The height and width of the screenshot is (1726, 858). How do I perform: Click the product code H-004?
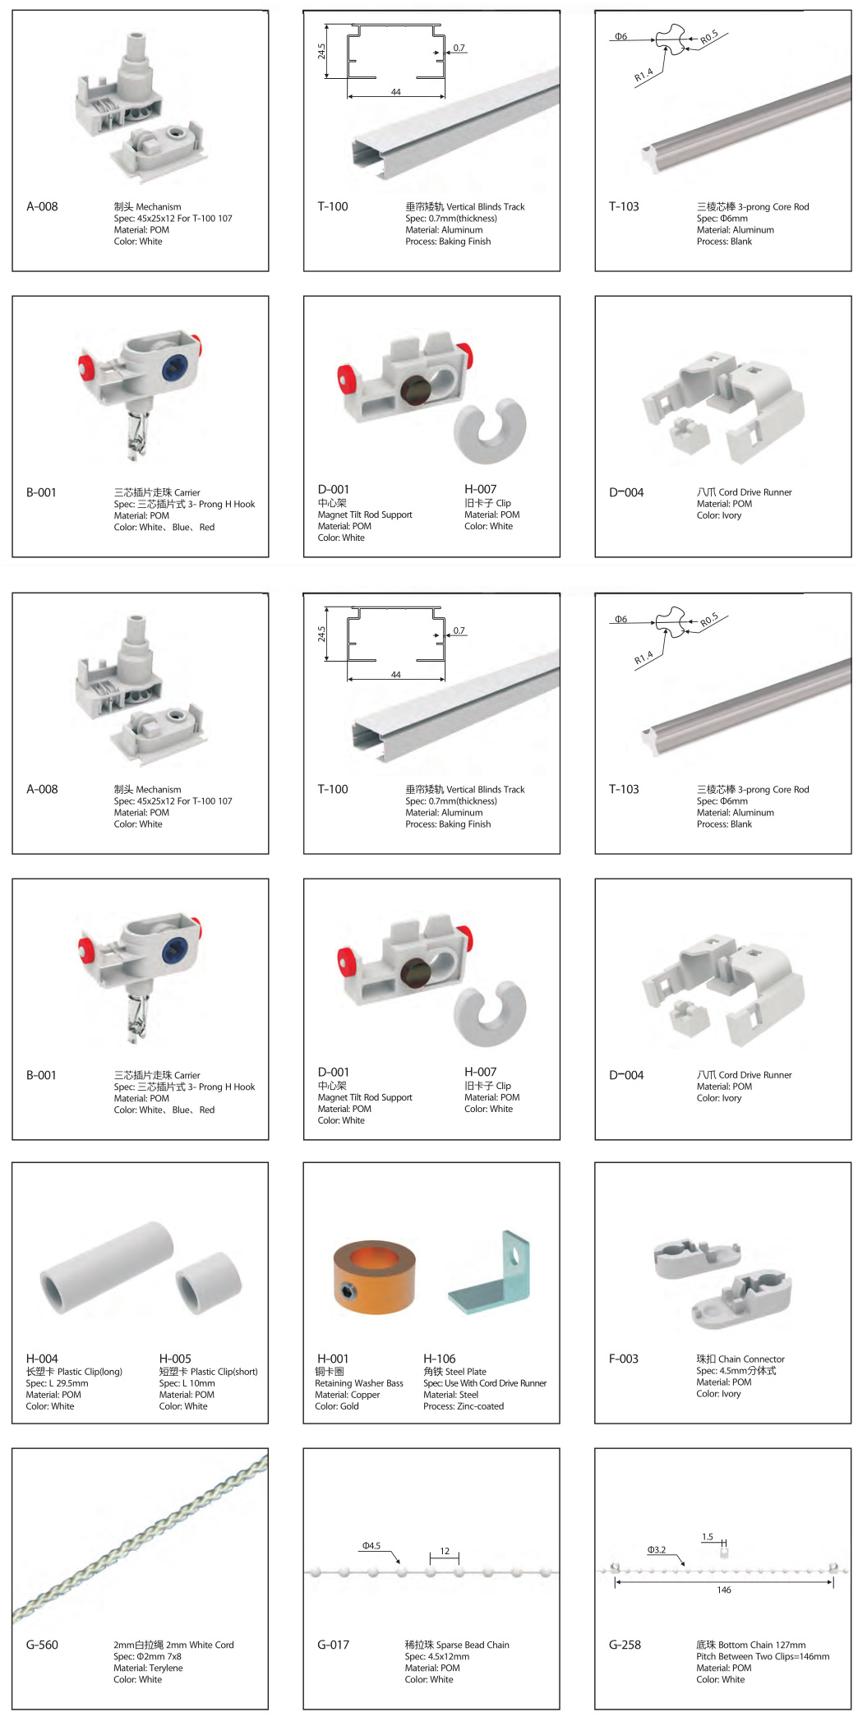(x=42, y=1359)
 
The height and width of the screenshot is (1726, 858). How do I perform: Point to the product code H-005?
(x=175, y=1359)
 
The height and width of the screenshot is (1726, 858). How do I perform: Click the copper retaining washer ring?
(x=374, y=1276)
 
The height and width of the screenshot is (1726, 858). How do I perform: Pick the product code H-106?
(x=439, y=1359)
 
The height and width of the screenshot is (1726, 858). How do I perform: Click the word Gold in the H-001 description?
(x=349, y=1406)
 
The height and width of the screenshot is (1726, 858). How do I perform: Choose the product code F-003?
(x=624, y=1359)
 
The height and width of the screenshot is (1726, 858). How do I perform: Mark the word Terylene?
(x=166, y=1668)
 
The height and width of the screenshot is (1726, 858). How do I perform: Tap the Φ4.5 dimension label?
(x=371, y=1546)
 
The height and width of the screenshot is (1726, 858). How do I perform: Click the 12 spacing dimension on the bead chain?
(x=445, y=1552)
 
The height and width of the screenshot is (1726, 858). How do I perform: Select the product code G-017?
(x=333, y=1645)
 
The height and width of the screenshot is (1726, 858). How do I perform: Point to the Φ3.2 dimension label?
(x=656, y=1550)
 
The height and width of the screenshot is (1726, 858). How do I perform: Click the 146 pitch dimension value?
(x=724, y=1590)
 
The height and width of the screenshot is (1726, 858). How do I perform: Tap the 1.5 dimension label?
(x=708, y=1537)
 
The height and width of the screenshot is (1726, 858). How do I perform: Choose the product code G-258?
(x=625, y=1645)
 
